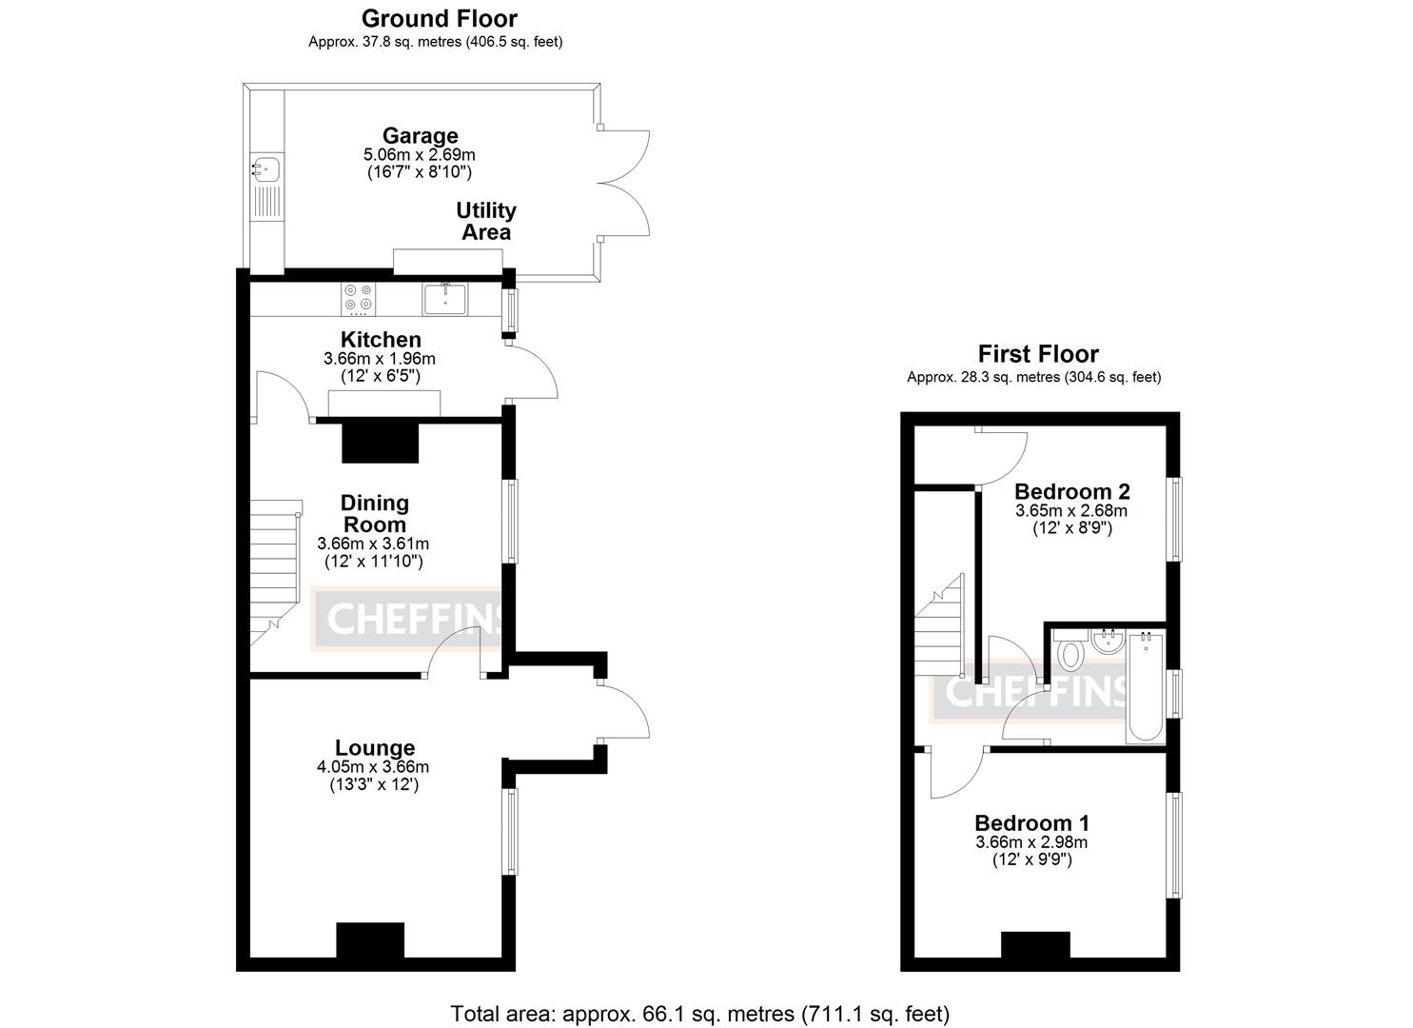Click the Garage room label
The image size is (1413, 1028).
[x=420, y=136]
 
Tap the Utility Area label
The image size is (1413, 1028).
[x=486, y=221]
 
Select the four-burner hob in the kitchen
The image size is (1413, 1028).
[x=359, y=299]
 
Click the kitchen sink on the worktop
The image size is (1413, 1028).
[x=444, y=299]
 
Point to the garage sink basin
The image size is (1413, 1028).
[x=265, y=168]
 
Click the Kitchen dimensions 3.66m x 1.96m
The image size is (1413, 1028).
[x=379, y=359]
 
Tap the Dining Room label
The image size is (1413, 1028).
[x=374, y=513]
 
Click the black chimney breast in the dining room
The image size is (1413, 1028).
[x=380, y=443]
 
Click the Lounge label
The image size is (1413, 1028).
[x=375, y=748]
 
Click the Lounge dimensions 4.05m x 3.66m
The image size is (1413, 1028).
[x=373, y=767]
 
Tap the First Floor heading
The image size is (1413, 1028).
[x=1038, y=354]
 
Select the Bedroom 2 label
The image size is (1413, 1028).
[x=1071, y=491]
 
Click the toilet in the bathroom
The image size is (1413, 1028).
[x=1071, y=652]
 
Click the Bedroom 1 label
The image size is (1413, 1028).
[x=1031, y=822]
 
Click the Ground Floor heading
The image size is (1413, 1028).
[x=439, y=18]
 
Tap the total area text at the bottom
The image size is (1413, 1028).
[x=699, y=1014]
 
